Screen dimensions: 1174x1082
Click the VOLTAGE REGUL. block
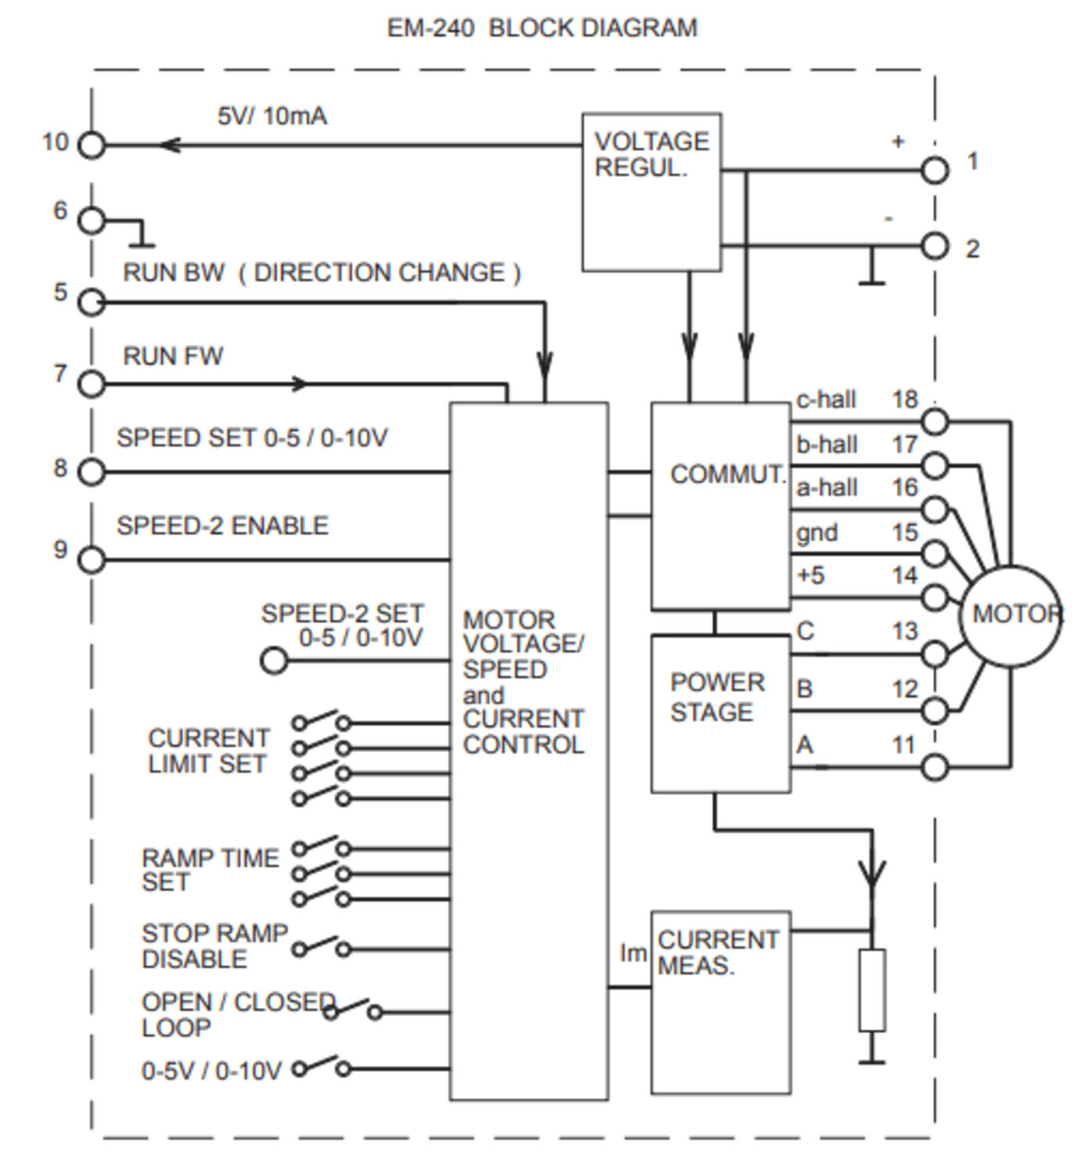coord(651,193)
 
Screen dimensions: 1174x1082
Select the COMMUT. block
coord(720,506)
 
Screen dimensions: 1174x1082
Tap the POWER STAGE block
coord(720,714)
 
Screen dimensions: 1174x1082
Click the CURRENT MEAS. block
coord(720,1002)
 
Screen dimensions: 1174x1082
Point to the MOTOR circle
coord(1010,615)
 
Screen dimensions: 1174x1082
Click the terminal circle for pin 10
coord(92,146)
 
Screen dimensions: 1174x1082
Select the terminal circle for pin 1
coord(934,170)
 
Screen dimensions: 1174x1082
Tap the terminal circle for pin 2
coord(934,246)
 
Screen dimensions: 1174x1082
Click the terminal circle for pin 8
coord(92,472)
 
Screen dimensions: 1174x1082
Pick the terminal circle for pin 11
coord(934,767)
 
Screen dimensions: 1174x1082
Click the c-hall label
coord(825,400)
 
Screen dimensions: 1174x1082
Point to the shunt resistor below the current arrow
coord(871,989)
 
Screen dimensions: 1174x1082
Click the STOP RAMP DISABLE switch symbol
coord(321,947)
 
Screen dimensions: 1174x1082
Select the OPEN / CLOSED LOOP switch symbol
coord(352,1010)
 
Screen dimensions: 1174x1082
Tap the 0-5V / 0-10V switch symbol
coord(321,1067)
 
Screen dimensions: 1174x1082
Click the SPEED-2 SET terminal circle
coord(273,661)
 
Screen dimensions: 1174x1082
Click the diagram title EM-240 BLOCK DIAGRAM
coord(542,28)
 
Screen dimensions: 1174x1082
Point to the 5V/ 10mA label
coord(272,117)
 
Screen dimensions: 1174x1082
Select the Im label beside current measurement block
coord(633,953)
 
